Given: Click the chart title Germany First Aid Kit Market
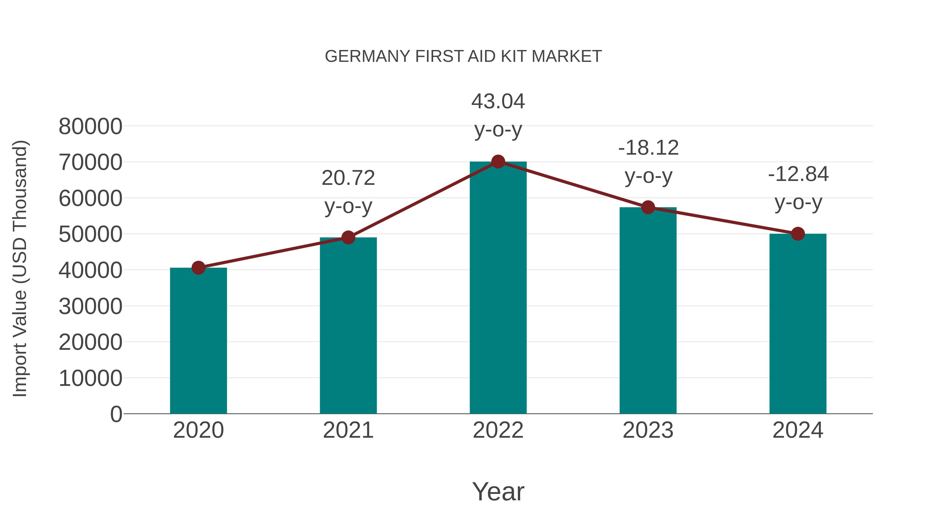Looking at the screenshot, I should pos(463,56).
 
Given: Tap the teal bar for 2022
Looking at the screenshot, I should pos(498,288).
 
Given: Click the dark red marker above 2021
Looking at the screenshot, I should pos(348,237).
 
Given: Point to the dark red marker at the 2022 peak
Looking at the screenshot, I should pos(498,162).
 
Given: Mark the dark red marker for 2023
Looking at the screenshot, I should pos(648,207).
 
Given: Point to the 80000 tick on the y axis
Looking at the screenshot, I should pos(90,127).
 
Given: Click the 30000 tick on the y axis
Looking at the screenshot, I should pos(90,306).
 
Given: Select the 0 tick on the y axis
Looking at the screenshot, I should pos(116,414).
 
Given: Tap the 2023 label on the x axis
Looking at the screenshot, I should pos(648,430).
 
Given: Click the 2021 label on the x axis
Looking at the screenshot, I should pos(348,430).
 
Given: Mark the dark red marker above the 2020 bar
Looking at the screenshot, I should pos(198,268).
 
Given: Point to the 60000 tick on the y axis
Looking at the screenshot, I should pos(90,198).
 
